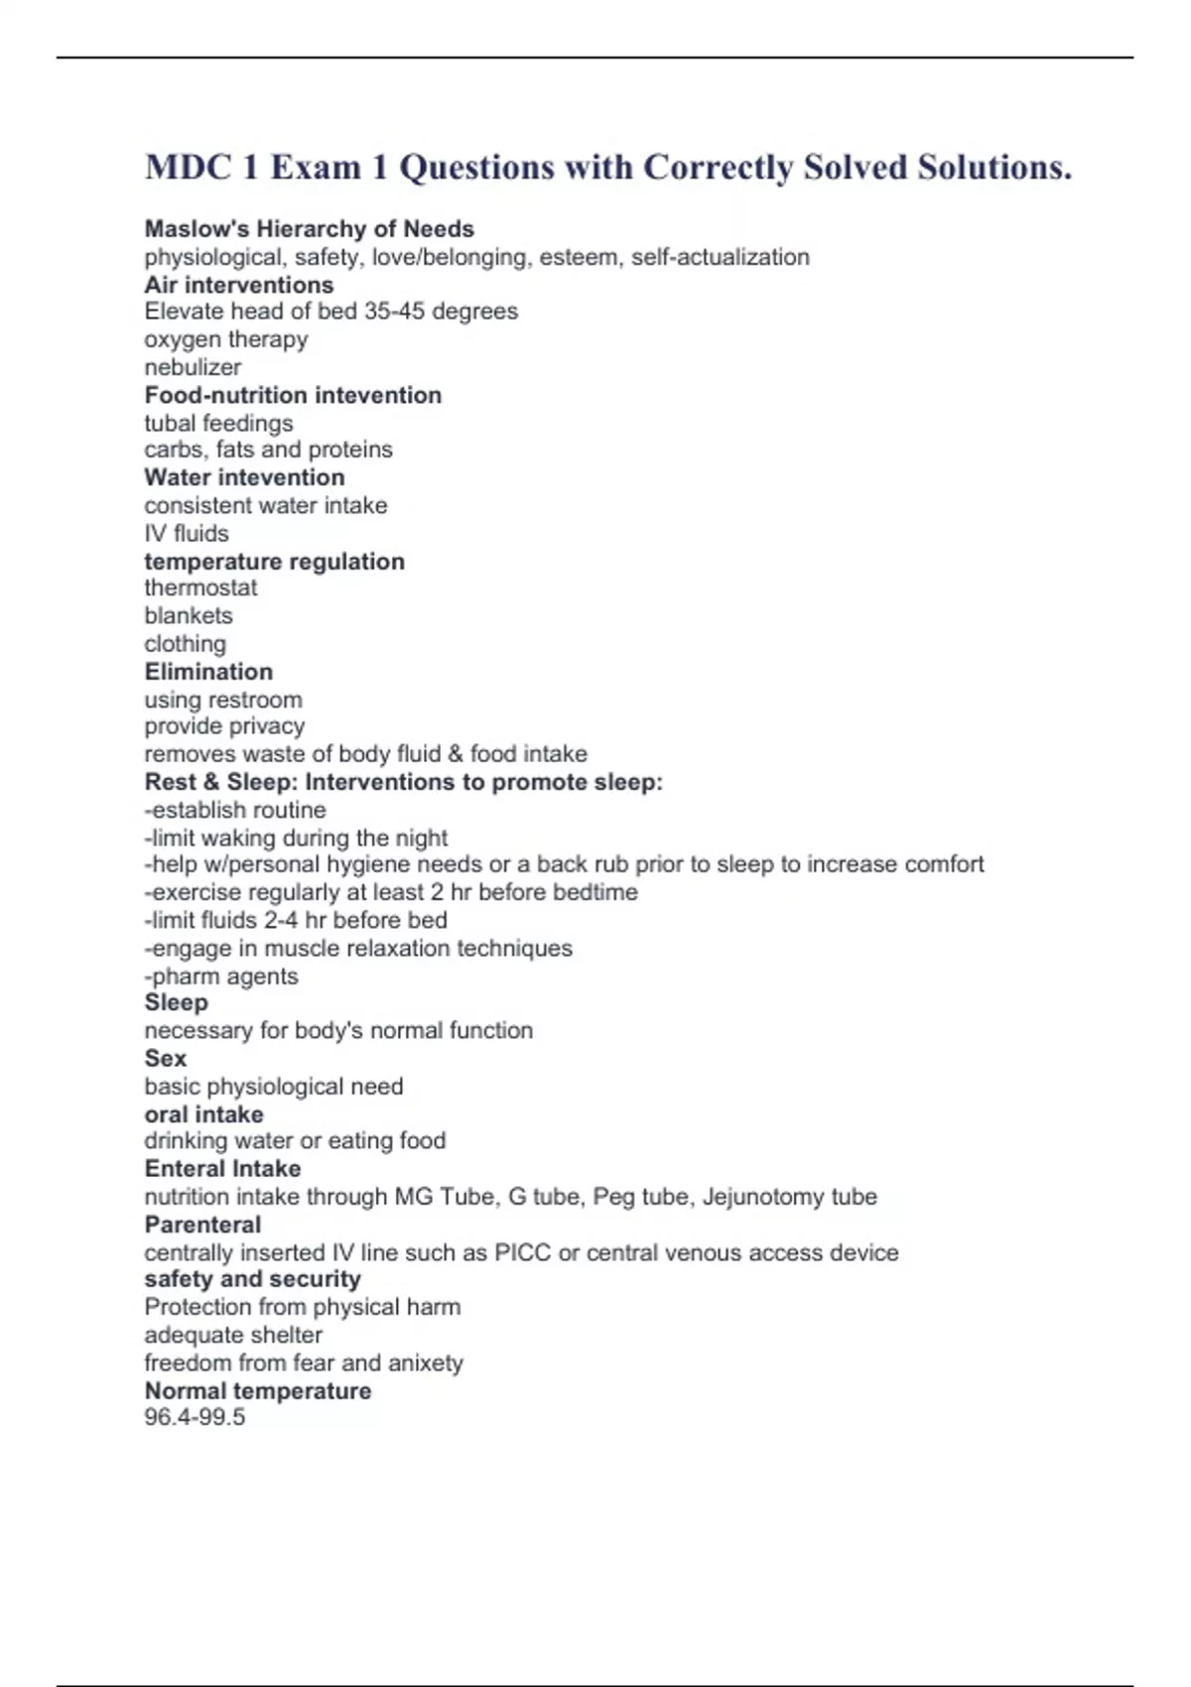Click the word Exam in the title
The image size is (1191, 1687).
[316, 168]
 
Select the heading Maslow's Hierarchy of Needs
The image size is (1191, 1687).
[309, 229]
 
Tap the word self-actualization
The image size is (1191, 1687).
[720, 257]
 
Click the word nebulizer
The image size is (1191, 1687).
[193, 367]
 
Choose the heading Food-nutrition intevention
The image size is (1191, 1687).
[293, 395]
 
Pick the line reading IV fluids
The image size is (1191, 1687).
[187, 533]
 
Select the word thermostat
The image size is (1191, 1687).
[200, 587]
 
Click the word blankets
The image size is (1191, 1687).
[189, 615]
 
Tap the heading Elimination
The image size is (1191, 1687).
[208, 672]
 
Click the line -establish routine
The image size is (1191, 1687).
[235, 810]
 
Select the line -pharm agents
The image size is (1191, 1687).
[221, 976]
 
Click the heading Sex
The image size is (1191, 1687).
[166, 1059]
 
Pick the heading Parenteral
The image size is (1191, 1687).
[202, 1225]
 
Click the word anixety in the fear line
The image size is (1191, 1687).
[426, 1363]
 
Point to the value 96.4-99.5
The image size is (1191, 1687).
[195, 1417]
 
